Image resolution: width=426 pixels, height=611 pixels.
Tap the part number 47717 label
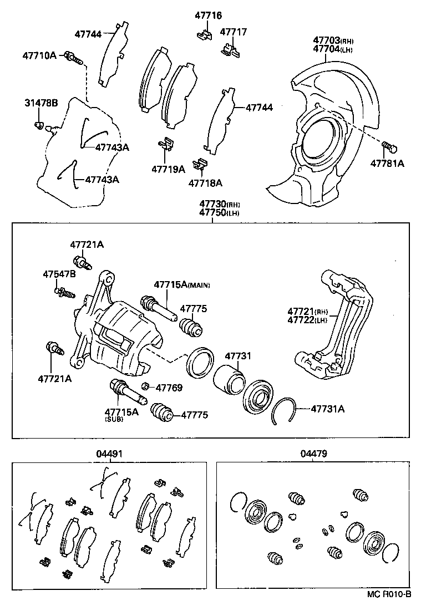[x=234, y=32]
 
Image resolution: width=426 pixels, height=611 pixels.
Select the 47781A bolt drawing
[x=390, y=147]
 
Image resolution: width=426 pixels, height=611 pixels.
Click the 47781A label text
[x=388, y=164]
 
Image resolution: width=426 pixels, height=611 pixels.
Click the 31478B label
[x=41, y=103]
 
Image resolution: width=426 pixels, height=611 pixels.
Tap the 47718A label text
[x=205, y=182]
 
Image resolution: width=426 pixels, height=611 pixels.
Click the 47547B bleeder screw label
[x=60, y=274]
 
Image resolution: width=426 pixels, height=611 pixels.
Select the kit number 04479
[x=313, y=454]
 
